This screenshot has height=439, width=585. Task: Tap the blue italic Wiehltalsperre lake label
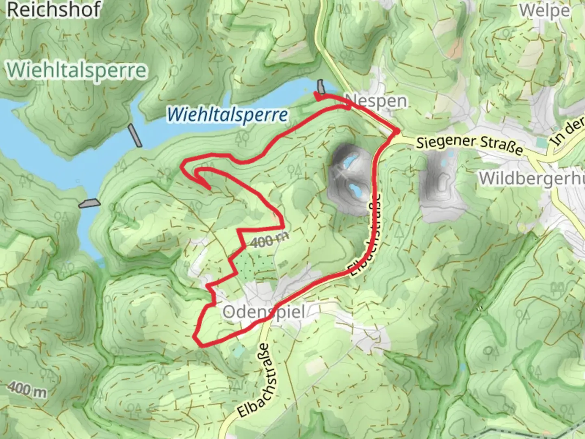(227, 115)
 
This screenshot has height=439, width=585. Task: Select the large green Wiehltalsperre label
(76, 70)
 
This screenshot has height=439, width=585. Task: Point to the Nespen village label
(376, 100)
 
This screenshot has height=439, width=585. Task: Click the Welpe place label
(544, 11)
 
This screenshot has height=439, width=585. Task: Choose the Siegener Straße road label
(470, 144)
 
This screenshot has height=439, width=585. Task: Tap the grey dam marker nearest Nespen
(321, 86)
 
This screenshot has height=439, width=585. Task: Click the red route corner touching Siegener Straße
(396, 131)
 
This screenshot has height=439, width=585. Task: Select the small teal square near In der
(541, 143)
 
